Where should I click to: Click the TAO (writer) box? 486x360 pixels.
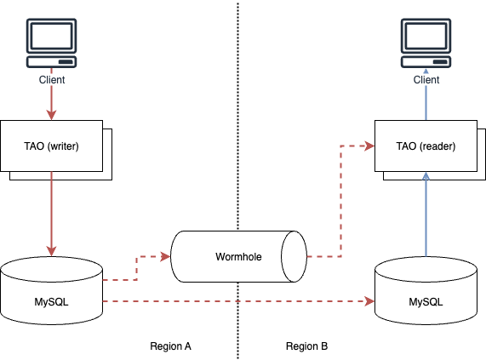(x=51, y=146)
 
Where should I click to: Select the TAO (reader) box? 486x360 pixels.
(x=426, y=146)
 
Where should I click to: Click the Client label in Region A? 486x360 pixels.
(x=51, y=80)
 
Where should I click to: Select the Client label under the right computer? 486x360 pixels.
(x=426, y=80)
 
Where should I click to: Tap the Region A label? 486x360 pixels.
(x=170, y=347)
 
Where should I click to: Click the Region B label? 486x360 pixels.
(x=306, y=347)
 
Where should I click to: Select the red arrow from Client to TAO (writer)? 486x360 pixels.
(x=51, y=102)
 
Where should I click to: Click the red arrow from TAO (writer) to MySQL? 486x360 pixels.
(x=51, y=213)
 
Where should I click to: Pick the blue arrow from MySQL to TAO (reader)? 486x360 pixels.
(x=426, y=217)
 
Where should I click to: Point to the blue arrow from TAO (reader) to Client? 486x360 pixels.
(x=426, y=102)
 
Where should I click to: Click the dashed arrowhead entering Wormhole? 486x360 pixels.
(x=166, y=255)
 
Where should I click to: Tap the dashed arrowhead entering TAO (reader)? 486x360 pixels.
(x=369, y=146)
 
